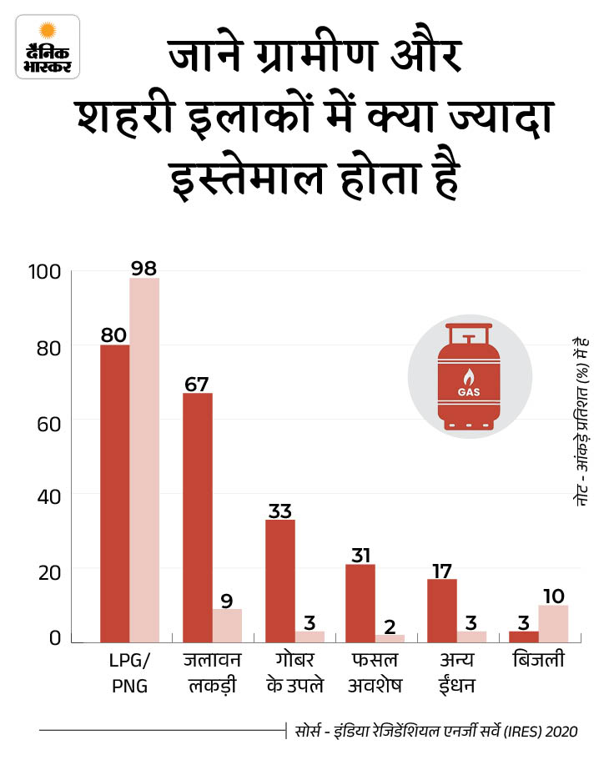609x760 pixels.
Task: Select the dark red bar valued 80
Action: [x=114, y=493]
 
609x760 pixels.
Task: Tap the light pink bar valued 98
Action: [x=144, y=460]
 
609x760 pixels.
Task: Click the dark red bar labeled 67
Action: [x=198, y=517]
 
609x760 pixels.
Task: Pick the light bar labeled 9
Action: [x=227, y=626]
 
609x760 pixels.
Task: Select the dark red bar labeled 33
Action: [x=279, y=581]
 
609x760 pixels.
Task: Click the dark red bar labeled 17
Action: [x=442, y=611]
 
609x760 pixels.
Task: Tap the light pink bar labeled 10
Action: [x=553, y=624]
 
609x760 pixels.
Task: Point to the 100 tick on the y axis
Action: [x=43, y=272]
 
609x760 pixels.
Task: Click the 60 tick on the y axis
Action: [x=49, y=422]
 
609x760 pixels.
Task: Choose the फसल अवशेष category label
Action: [x=373, y=673]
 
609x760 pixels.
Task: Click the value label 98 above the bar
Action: [x=144, y=268]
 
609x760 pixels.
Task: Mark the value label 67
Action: [x=199, y=384]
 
